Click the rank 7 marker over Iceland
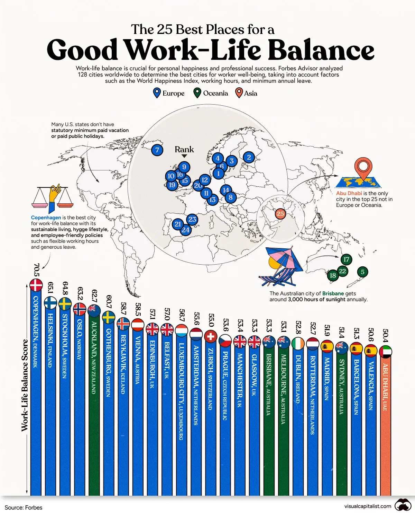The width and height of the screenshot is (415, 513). point(157,150)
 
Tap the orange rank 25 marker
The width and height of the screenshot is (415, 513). point(280,214)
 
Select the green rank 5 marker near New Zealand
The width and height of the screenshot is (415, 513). point(362,272)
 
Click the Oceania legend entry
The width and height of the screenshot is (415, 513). point(211,93)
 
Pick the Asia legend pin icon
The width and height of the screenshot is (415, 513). point(239,93)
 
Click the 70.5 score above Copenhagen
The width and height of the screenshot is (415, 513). point(36,270)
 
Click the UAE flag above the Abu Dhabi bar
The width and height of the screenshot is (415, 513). point(385,352)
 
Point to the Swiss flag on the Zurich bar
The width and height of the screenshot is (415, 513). point(210,336)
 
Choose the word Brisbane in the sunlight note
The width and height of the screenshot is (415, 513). point(333,293)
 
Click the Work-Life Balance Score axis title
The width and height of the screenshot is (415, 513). point(25,385)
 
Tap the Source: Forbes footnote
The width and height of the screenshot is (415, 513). point(24,507)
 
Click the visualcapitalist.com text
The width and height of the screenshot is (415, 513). point(368,506)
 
